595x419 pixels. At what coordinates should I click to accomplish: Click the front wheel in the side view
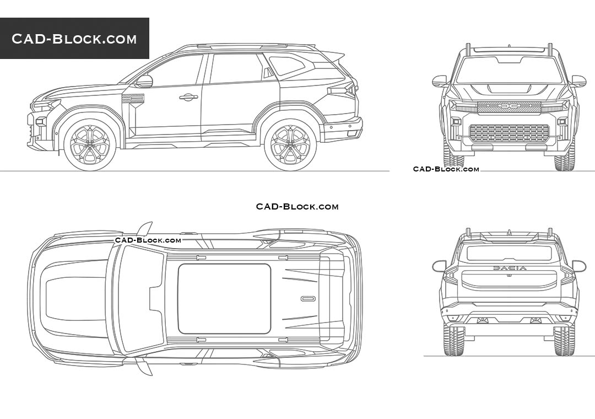pos(90,145)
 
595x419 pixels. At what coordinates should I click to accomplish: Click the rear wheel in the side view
pos(290,145)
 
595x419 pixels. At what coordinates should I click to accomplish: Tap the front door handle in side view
pos(188,97)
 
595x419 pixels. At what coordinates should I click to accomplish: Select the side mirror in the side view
pos(144,81)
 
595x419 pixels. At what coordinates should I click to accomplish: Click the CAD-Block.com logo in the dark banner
pos(74,39)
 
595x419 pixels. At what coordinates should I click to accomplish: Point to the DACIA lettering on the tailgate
pos(510,268)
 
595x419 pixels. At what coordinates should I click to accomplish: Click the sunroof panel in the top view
pos(224,299)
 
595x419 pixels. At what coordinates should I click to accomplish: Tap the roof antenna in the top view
pos(308,299)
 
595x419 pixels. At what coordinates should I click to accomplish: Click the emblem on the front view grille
pos(509,108)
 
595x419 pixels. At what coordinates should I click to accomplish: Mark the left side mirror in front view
pos(440,81)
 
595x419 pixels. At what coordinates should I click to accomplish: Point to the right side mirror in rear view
pos(578,266)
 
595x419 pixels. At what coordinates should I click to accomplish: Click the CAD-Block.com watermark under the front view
pos(446,169)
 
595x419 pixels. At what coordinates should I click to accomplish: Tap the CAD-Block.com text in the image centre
pos(297,207)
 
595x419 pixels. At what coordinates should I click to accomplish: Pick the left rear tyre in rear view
pos(454,340)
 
